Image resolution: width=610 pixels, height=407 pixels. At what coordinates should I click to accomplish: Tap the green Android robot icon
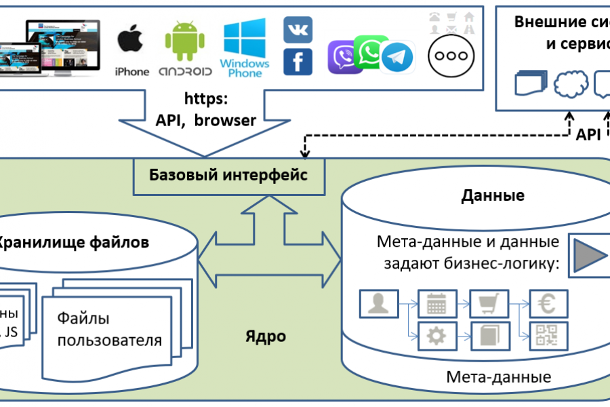(184, 41)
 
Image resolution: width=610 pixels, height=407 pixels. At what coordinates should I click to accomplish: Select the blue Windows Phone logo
(245, 39)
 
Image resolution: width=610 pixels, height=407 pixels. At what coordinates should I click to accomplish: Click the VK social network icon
(298, 31)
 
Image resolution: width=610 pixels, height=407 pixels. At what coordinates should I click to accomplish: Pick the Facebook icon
(298, 62)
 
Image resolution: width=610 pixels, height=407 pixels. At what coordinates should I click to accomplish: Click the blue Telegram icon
(397, 58)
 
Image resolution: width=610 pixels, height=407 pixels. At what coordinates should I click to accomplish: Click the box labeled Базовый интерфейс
(228, 176)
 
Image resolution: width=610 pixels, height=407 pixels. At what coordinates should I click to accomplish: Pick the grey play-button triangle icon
(589, 256)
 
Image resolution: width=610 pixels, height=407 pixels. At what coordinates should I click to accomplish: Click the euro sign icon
(548, 305)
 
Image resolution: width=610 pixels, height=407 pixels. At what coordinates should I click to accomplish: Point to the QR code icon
(548, 335)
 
